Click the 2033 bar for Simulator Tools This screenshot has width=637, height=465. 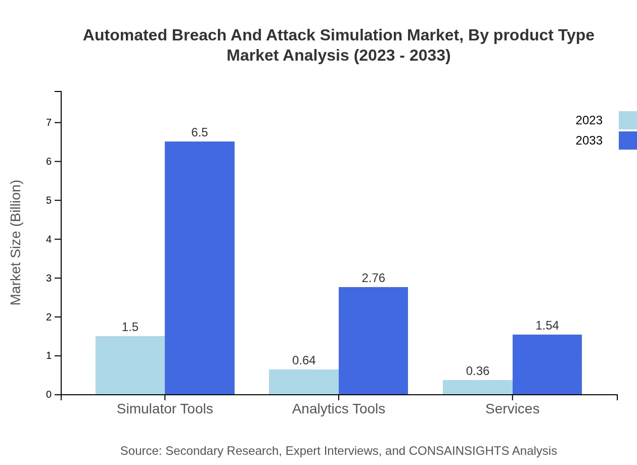click(200, 268)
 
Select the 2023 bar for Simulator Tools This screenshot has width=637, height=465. click(130, 365)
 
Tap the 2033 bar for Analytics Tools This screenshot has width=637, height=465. click(373, 341)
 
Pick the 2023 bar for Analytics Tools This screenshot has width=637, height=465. click(303, 382)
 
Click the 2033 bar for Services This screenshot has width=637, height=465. click(547, 364)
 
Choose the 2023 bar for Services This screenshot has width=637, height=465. click(477, 387)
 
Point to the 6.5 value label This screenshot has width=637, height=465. click(200, 132)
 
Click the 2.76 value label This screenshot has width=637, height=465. click(373, 278)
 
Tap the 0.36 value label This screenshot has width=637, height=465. click(477, 371)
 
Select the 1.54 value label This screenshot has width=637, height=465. click(547, 325)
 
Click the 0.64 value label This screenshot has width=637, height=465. click(303, 360)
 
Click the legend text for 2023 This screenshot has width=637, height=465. click(588, 120)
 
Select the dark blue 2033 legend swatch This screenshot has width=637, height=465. click(627, 141)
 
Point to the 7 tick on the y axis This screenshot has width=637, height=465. click(49, 123)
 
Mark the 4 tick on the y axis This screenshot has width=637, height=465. click(49, 240)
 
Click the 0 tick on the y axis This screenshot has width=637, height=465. click(49, 395)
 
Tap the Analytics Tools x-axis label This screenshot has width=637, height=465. click(338, 408)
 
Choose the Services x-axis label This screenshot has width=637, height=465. click(512, 408)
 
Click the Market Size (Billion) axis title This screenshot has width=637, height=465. click(16, 243)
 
